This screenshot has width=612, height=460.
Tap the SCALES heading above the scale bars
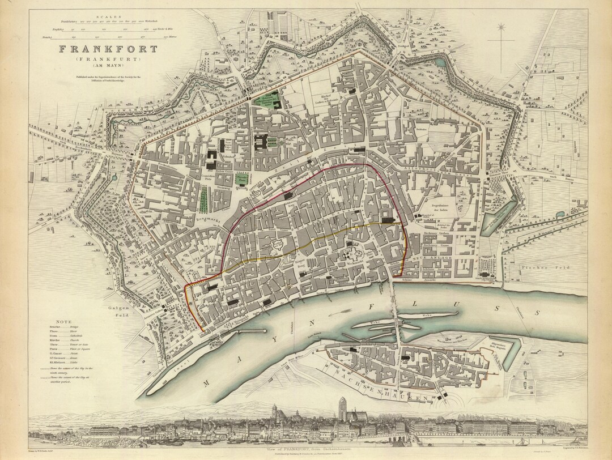(x=107, y=17)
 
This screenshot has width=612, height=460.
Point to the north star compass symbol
(x=501, y=27)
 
